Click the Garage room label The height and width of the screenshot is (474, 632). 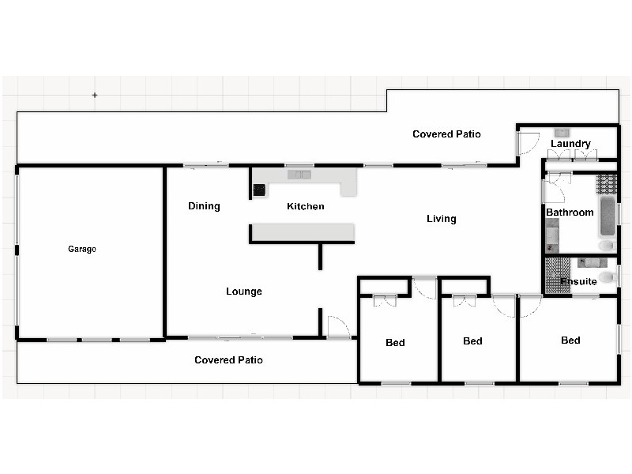coord(81,249)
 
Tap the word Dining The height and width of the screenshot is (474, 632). coord(204,206)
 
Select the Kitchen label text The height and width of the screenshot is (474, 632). coord(305,206)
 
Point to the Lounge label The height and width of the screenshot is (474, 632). coord(243,292)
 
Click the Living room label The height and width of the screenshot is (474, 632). coord(441,219)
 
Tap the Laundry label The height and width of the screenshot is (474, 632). coord(570,144)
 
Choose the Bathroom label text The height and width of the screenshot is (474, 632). coord(570,213)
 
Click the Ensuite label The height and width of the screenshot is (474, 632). coord(578,281)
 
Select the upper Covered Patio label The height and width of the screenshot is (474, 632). coord(446,134)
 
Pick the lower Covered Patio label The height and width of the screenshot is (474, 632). coord(228,360)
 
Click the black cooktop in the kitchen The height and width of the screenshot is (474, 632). coord(258,190)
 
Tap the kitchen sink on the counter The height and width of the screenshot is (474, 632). coord(300,175)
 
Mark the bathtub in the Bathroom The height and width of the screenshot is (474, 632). coord(607,216)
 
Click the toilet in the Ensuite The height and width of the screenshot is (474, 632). coord(606,276)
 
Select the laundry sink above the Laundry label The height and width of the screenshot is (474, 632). coord(562,133)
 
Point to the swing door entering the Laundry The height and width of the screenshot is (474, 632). coord(525,143)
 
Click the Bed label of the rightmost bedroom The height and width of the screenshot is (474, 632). coord(570,340)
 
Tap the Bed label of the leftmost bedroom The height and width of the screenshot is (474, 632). coord(395,343)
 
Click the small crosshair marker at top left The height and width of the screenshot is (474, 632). coord(95,95)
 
